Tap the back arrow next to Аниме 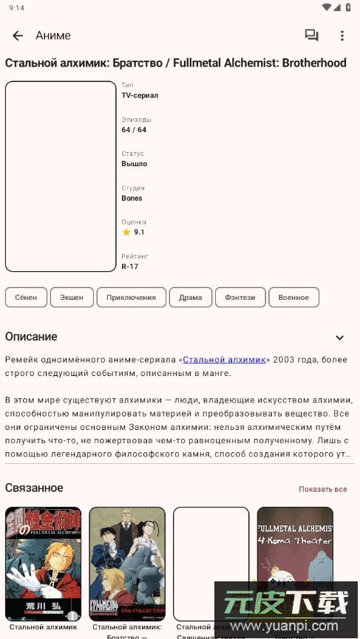click(x=18, y=35)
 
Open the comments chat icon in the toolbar click(x=311, y=35)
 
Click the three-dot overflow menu click(x=342, y=35)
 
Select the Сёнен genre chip click(x=26, y=298)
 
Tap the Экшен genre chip click(x=72, y=298)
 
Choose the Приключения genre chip click(x=131, y=298)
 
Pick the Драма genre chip click(x=190, y=298)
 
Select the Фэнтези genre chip click(x=240, y=298)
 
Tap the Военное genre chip click(x=293, y=298)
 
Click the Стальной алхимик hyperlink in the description click(x=224, y=360)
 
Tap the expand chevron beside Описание click(x=340, y=338)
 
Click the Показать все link click(x=322, y=490)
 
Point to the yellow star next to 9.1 click(x=126, y=232)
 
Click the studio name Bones click(x=132, y=198)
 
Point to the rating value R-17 click(x=130, y=267)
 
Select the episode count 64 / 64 click(x=134, y=130)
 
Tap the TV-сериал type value click(x=140, y=95)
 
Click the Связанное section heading click(x=34, y=488)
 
